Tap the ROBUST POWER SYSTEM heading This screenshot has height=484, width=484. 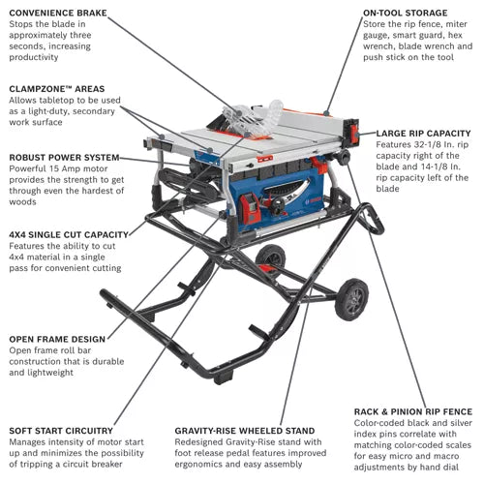coord(64,157)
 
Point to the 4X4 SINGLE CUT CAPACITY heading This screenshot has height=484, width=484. coord(68,234)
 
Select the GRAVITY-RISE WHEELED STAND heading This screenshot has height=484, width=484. coord(245,430)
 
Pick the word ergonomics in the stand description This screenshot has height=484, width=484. coord(204,466)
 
